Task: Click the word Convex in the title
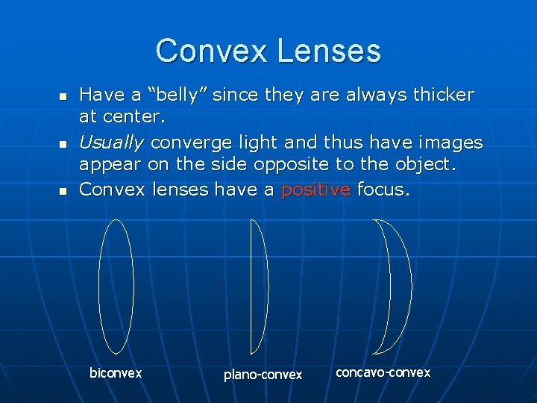211,51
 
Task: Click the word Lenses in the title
328,51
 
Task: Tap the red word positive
315,190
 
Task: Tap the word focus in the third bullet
382,190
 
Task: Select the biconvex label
116,372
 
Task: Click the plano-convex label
263,374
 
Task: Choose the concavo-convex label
383,372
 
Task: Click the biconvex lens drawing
116,286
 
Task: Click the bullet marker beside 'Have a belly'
63,97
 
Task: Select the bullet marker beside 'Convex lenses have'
63,192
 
